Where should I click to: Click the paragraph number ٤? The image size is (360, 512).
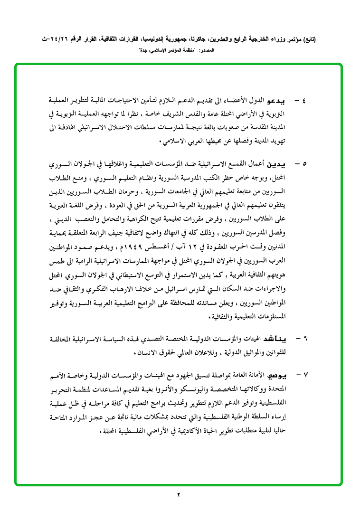pyautogui.click(x=303, y=102)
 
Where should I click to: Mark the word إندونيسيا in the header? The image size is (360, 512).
pyautogui.click(x=143, y=40)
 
